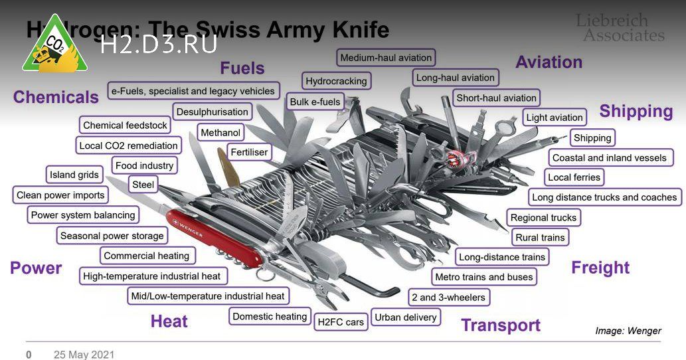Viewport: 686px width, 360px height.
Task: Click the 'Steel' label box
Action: tap(143, 185)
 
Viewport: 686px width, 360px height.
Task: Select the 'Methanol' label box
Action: tap(220, 133)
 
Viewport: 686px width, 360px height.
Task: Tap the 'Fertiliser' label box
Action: tap(249, 152)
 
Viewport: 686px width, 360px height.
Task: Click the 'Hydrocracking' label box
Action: tap(336, 81)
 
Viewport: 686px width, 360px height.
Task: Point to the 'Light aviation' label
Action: tap(555, 118)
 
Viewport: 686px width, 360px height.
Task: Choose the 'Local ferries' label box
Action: tap(574, 177)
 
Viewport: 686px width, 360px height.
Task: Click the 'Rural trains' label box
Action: tap(540, 237)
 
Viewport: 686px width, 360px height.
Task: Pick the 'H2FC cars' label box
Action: tap(341, 322)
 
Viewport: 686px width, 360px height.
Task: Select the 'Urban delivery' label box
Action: tap(406, 317)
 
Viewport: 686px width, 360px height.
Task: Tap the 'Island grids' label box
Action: tap(74, 175)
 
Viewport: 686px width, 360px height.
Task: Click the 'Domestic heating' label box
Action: tap(270, 317)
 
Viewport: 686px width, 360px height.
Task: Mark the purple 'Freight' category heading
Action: tap(600, 268)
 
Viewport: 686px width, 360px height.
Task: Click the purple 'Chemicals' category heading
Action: tap(56, 97)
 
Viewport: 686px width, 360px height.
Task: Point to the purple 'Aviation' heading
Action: tap(549, 62)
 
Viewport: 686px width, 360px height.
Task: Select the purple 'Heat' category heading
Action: tap(169, 321)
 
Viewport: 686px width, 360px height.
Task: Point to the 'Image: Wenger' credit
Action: tap(628, 331)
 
